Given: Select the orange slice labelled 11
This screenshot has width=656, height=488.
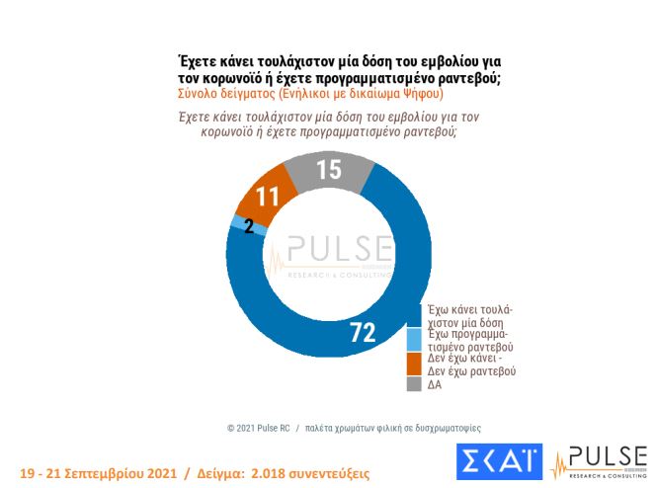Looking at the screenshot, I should [258, 197].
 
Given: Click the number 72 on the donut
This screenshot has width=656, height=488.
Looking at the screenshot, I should [362, 333].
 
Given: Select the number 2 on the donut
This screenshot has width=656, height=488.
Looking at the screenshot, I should [248, 225].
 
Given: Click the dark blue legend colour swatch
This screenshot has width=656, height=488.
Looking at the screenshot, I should [415, 315].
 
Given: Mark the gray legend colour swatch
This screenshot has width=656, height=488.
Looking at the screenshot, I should [415, 384].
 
